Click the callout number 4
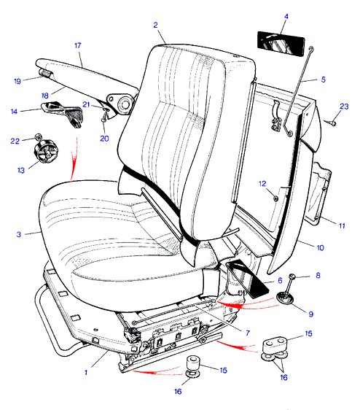point(286,17)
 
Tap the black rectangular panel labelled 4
point(281,43)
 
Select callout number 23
point(344,107)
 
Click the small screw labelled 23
point(331,122)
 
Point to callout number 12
point(262,184)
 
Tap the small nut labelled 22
point(38,136)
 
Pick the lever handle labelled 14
point(63,113)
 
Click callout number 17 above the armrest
point(78,45)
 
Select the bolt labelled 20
point(104,116)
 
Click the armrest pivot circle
point(125,104)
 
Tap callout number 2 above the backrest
point(155,25)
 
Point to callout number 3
point(19,234)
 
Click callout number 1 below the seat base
point(86,372)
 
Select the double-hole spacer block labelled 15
point(275,345)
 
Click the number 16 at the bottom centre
point(178,392)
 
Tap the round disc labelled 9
point(285,298)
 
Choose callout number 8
point(318,275)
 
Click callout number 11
point(342,225)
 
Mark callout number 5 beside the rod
point(324,80)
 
